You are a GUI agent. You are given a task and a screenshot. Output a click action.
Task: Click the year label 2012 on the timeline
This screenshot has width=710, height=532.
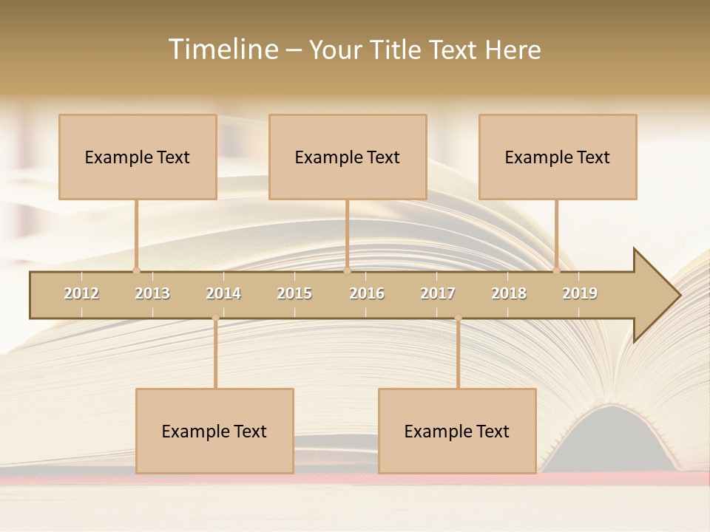click(x=81, y=293)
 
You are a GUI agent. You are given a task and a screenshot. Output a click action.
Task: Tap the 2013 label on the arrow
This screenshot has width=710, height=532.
click(x=152, y=293)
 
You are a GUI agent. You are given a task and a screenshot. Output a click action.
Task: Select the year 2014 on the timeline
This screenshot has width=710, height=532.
click(x=223, y=293)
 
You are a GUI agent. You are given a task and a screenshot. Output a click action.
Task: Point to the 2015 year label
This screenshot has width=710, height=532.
click(x=294, y=293)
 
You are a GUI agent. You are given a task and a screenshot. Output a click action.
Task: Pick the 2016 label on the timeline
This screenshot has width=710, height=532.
click(x=367, y=293)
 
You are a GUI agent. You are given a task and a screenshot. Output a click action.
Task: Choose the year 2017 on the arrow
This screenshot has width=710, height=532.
click(x=438, y=293)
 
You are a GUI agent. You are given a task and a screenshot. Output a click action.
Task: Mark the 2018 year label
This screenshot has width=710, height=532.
click(x=509, y=293)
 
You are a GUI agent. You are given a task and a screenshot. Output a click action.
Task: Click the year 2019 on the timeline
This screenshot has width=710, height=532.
click(x=580, y=293)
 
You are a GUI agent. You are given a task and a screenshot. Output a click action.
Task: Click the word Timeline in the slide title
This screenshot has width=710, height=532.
click(x=223, y=50)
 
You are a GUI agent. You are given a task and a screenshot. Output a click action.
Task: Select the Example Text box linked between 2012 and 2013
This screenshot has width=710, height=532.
click(x=138, y=157)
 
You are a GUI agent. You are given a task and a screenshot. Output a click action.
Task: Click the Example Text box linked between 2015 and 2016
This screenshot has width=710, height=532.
click(x=348, y=157)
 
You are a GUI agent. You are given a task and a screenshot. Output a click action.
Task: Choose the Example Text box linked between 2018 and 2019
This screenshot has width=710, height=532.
click(x=558, y=157)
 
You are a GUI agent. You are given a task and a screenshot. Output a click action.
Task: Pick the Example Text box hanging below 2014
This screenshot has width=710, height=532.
click(x=214, y=431)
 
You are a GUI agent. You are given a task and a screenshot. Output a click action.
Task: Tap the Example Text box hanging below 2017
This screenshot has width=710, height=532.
click(x=457, y=431)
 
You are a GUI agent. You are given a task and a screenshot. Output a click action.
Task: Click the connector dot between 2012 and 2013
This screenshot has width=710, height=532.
click(x=136, y=270)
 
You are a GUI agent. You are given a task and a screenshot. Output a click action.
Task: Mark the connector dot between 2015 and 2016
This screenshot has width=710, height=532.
click(x=347, y=270)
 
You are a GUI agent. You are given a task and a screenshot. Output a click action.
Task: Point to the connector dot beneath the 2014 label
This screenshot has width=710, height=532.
click(x=215, y=318)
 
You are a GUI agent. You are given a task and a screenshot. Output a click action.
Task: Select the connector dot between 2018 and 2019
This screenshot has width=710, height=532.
click(x=557, y=270)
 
